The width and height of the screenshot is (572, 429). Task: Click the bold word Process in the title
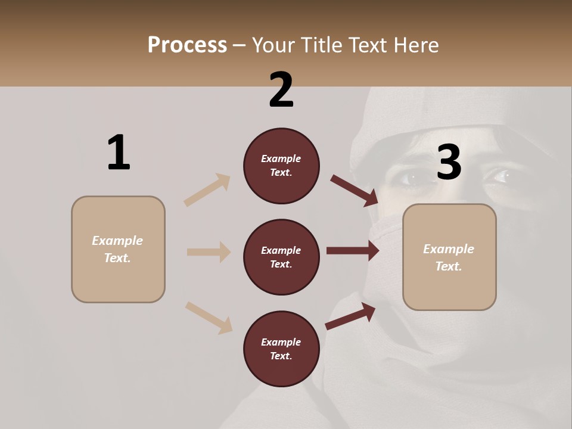coord(187,45)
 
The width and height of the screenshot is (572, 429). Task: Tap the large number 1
coord(119,153)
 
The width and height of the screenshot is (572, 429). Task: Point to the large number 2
coord(281,90)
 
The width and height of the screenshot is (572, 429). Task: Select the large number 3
coord(449,163)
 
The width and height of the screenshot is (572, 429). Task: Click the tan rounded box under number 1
coord(118,249)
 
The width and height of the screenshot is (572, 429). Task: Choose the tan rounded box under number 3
coord(449,257)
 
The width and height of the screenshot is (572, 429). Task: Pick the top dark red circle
coord(281,166)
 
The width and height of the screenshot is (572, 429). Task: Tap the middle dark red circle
coord(281,257)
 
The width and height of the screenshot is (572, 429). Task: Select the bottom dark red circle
coord(281,349)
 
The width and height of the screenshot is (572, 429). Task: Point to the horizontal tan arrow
coord(209,252)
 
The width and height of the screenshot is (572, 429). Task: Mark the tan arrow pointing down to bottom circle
coord(209,317)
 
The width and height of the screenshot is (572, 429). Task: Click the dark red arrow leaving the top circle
coord(355,190)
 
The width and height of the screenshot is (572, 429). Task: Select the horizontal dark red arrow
coord(353,251)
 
